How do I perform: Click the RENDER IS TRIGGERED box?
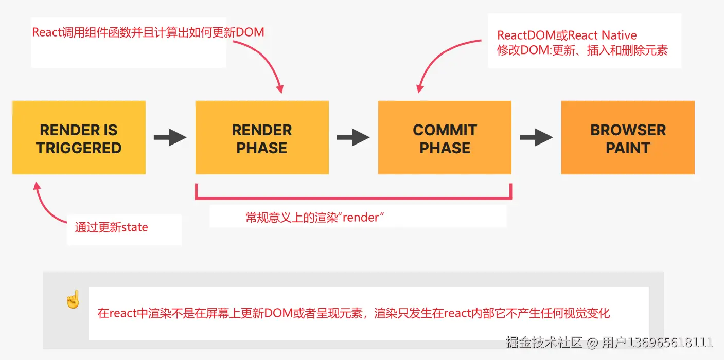coord(79,138)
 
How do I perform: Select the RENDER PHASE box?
coord(261,138)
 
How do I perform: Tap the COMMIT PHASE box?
coord(445,138)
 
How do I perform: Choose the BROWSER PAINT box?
coord(628,138)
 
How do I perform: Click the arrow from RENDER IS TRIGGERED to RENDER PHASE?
coord(170,138)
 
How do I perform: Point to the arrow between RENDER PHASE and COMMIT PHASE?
coord(353,138)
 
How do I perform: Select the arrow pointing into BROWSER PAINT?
coord(536,138)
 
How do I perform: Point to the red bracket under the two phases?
coord(353,197)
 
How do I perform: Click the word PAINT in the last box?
coord(628,148)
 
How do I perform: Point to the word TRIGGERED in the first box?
coord(79,148)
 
